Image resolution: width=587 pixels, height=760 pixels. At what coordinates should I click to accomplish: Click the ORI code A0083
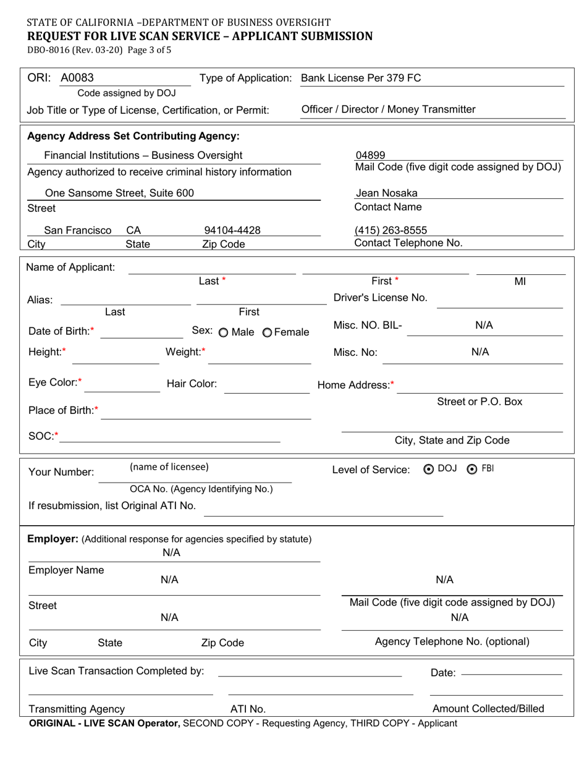tap(77, 78)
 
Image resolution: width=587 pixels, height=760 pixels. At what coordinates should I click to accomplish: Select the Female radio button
tap(267, 332)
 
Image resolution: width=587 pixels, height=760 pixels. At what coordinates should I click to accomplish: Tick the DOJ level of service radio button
tap(428, 469)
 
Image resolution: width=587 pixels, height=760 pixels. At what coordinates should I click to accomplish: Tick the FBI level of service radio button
tap(473, 469)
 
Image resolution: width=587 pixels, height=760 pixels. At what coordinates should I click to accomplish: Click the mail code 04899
tap(370, 156)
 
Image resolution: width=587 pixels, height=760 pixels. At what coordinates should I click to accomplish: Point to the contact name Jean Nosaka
tap(386, 193)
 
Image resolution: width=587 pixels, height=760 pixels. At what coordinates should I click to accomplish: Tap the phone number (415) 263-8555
tap(391, 230)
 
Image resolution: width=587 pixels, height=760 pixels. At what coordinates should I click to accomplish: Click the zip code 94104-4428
tap(232, 230)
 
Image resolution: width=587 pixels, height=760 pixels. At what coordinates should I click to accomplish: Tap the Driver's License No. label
tap(380, 297)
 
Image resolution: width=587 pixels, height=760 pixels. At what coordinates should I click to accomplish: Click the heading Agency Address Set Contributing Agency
tap(133, 135)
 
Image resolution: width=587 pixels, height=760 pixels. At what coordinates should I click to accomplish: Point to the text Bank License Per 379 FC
tap(361, 78)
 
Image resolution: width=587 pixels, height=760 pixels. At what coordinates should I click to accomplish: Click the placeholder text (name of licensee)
tap(169, 467)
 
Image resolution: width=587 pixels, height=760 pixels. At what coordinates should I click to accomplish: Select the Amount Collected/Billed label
tap(488, 709)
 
